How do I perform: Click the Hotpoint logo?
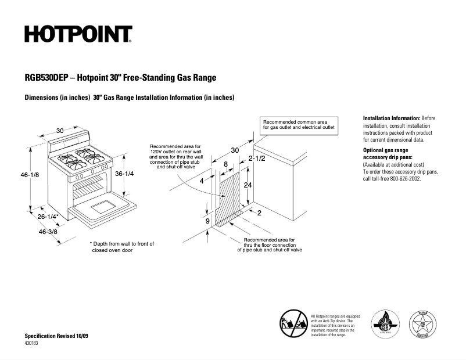click(x=78, y=35)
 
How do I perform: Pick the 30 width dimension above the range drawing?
click(x=60, y=131)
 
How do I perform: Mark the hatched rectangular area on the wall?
click(x=228, y=197)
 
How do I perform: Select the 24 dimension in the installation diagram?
click(x=247, y=185)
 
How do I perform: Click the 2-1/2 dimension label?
click(x=257, y=159)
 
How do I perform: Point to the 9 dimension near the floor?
click(x=207, y=221)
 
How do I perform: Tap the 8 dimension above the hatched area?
click(x=225, y=165)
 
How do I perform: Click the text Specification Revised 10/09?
click(x=56, y=337)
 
